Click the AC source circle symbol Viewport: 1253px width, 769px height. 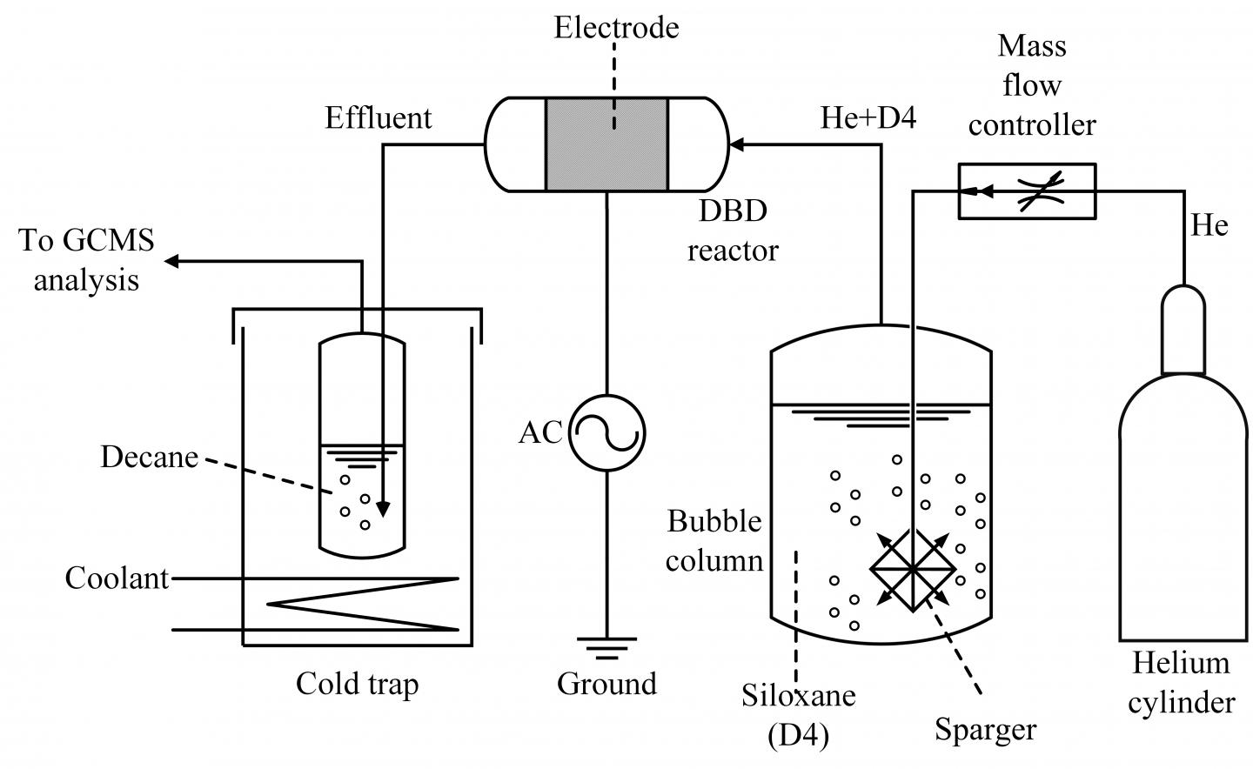606,432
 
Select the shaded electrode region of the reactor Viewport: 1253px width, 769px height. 606,144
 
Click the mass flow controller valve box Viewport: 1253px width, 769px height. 1026,191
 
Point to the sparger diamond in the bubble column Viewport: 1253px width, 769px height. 912,568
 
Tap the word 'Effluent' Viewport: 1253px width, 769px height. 378,117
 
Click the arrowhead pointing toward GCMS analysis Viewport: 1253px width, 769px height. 173,261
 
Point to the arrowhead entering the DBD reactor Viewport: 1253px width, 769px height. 736,144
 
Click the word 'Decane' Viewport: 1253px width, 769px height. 149,457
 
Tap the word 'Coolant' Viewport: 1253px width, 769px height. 117,578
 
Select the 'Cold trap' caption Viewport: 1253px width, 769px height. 357,684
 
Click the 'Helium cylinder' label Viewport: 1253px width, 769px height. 1181,683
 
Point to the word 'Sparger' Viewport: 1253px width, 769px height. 985,729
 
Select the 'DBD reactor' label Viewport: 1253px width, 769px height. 733,231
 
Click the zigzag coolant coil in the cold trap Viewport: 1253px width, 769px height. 365,603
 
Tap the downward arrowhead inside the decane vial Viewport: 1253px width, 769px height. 382,510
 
